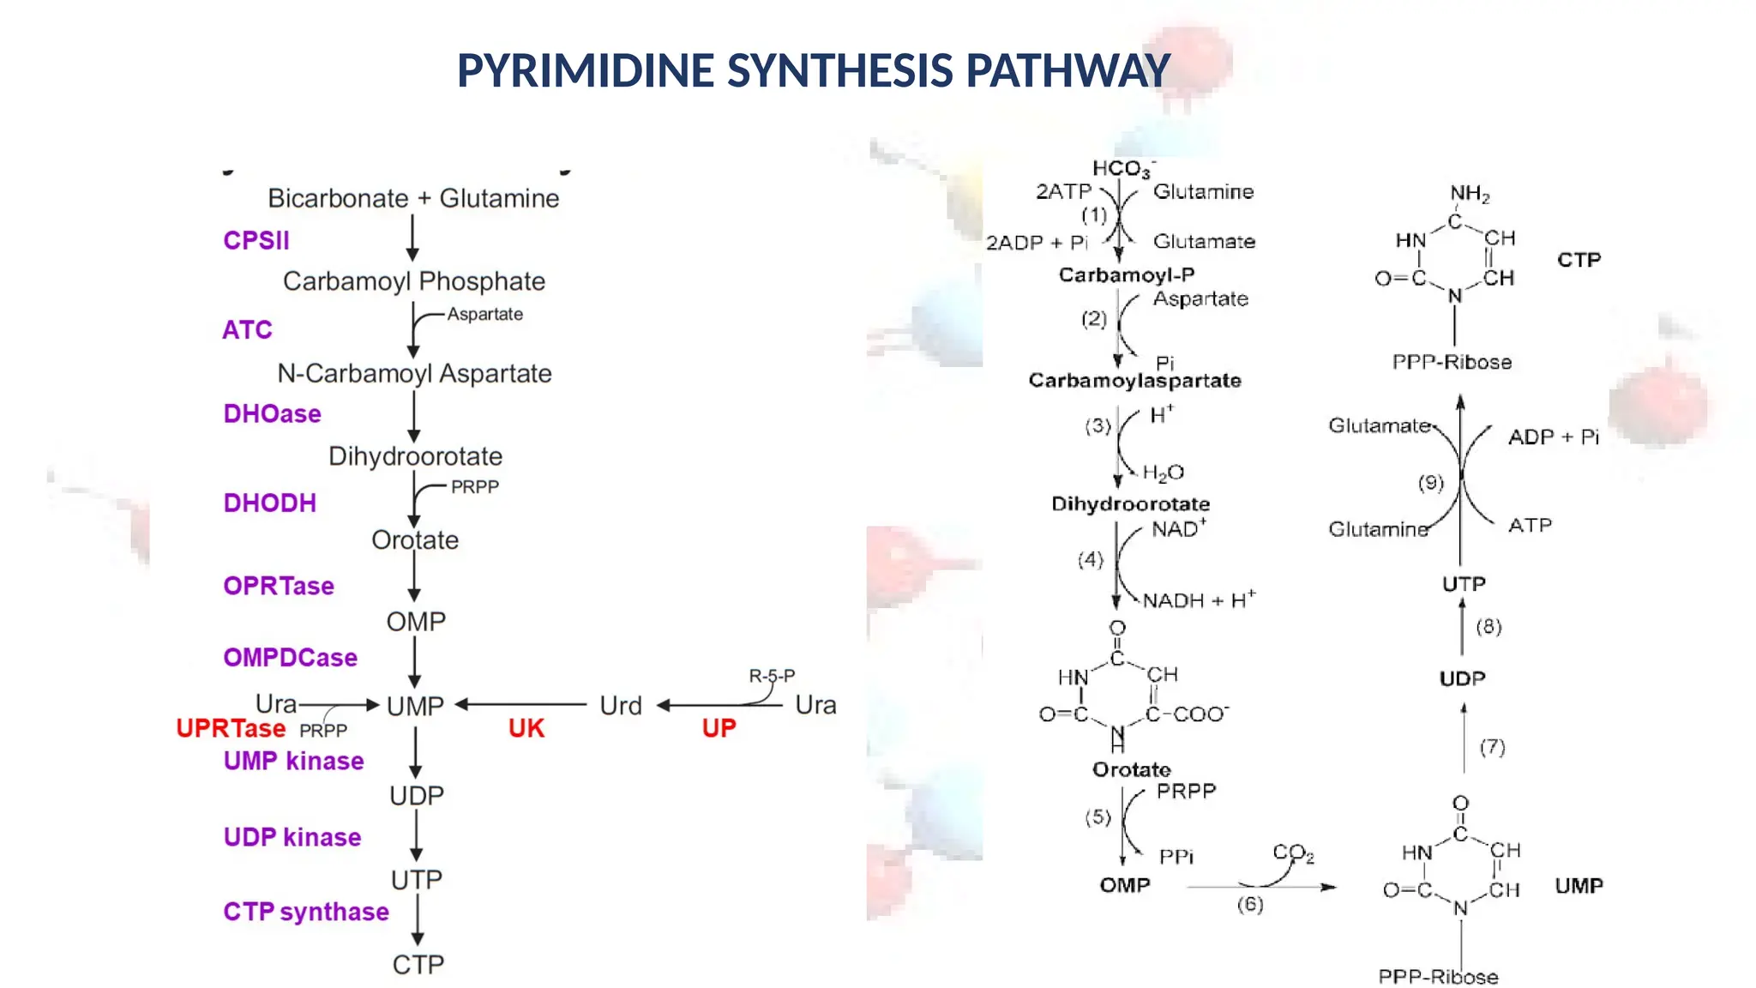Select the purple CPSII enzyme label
[256, 240]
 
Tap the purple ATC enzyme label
[247, 330]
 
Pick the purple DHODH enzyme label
[269, 503]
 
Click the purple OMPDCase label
[290, 658]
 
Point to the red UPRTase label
[231, 728]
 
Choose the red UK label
[526, 728]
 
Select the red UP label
[719, 728]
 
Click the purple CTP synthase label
[306, 912]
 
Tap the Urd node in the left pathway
[621, 706]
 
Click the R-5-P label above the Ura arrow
[772, 676]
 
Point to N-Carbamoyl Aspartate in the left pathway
[414, 374]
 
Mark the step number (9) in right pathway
[1430, 483]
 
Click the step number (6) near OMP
[1249, 904]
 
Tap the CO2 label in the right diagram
[1293, 853]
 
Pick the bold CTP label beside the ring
[1579, 260]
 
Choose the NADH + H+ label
[1199, 600]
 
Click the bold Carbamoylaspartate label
[1134, 381]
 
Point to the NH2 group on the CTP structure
[1470, 194]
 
